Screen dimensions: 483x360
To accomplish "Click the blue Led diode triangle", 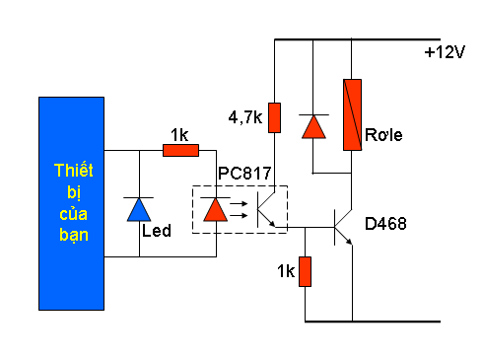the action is pyautogui.click(x=139, y=209).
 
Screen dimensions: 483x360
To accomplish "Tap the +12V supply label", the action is pyautogui.click(x=445, y=52).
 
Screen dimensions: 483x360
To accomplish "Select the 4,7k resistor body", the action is pyautogui.click(x=274, y=117).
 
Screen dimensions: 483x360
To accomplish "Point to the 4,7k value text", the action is pyautogui.click(x=245, y=117).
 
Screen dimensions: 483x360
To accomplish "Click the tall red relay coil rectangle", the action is pyautogui.click(x=352, y=114).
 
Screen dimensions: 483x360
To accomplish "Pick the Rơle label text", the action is pyautogui.click(x=383, y=135).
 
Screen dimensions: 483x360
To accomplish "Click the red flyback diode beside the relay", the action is pyautogui.click(x=313, y=126).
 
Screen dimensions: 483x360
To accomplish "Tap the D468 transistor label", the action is pyautogui.click(x=385, y=224).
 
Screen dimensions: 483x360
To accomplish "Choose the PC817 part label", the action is pyautogui.click(x=244, y=174).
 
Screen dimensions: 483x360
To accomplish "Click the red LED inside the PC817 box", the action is pyautogui.click(x=216, y=209).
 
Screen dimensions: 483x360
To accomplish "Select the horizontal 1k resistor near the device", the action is pyautogui.click(x=180, y=150).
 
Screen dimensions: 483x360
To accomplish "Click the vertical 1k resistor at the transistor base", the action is pyautogui.click(x=305, y=271).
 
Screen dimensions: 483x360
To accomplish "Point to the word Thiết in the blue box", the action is pyautogui.click(x=74, y=171).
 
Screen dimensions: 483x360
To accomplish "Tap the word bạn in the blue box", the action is pyautogui.click(x=74, y=235).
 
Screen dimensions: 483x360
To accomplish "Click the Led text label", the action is pyautogui.click(x=157, y=231).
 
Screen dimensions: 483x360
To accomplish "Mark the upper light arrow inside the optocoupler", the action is pyautogui.click(x=239, y=204).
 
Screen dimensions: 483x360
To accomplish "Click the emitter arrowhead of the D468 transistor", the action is pyautogui.click(x=349, y=242).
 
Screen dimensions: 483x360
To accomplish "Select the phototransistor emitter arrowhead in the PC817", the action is pyautogui.click(x=272, y=224).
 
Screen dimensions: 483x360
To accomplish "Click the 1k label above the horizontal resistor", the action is pyautogui.click(x=179, y=135).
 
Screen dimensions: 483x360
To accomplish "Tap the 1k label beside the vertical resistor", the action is pyautogui.click(x=286, y=271).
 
